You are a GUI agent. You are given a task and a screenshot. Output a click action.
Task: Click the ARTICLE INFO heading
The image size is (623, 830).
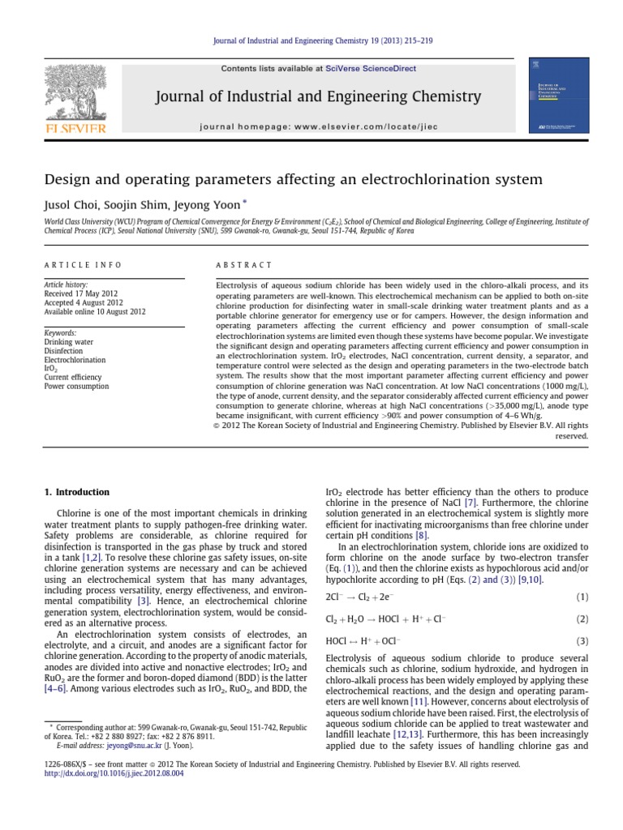pyautogui.click(x=82, y=265)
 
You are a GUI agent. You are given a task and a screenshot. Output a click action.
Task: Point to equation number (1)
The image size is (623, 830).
pyautogui.click(x=582, y=597)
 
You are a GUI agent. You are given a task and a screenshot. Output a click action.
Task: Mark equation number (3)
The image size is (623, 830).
pyautogui.click(x=582, y=641)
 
